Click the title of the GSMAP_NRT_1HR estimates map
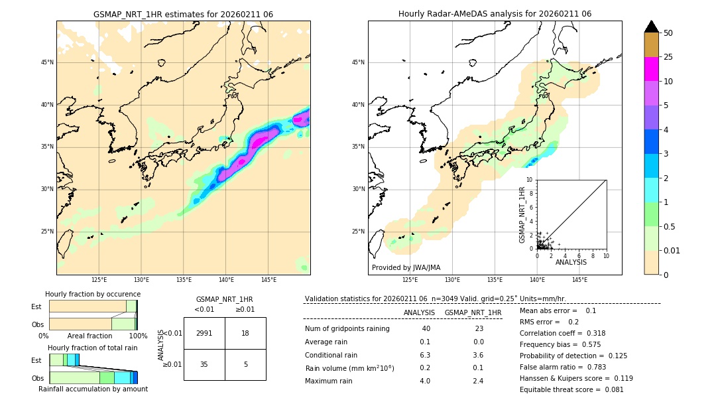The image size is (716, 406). pyautogui.click(x=183, y=14)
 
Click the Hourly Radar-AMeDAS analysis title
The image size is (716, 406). pyautogui.click(x=495, y=14)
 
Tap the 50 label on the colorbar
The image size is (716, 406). pyautogui.click(x=668, y=33)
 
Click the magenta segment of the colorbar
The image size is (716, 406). pyautogui.click(x=651, y=69)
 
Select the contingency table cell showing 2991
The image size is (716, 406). pyautogui.click(x=204, y=333)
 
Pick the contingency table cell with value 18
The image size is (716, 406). pyautogui.click(x=245, y=333)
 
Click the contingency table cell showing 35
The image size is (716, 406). pyautogui.click(x=204, y=364)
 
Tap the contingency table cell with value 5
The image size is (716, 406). pyautogui.click(x=245, y=364)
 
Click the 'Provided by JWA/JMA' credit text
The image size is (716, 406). pyautogui.click(x=406, y=267)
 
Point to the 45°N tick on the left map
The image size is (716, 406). pyautogui.click(x=47, y=62)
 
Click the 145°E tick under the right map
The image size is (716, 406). pyautogui.click(x=579, y=280)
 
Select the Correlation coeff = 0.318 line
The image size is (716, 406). pyautogui.click(x=562, y=333)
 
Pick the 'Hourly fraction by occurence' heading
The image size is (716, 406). pyautogui.click(x=93, y=294)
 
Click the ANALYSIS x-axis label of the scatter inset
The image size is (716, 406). pyautogui.click(x=571, y=262)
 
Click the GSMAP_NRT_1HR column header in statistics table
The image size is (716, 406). pyautogui.click(x=473, y=312)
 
